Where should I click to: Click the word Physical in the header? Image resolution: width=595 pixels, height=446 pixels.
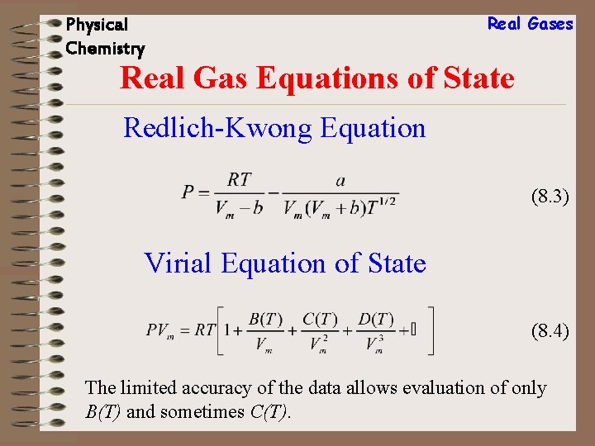[97, 25]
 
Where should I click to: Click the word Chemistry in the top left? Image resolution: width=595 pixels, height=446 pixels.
[105, 49]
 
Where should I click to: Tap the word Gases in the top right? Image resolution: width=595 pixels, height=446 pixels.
[550, 24]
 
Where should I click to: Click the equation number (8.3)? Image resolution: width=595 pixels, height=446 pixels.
[550, 197]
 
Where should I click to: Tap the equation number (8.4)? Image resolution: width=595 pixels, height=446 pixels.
[550, 332]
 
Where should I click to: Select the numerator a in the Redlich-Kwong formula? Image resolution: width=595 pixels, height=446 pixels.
[340, 179]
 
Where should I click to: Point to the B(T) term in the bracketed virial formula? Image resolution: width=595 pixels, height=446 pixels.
[265, 320]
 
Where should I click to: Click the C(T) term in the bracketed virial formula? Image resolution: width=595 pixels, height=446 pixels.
[321, 320]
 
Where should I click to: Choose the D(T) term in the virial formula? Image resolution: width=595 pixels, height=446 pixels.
[376, 320]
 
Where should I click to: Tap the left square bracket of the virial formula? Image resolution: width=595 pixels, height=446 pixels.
[219, 330]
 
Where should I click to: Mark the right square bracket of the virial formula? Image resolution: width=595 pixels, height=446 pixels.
[430, 330]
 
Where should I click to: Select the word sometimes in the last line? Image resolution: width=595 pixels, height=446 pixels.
[202, 410]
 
